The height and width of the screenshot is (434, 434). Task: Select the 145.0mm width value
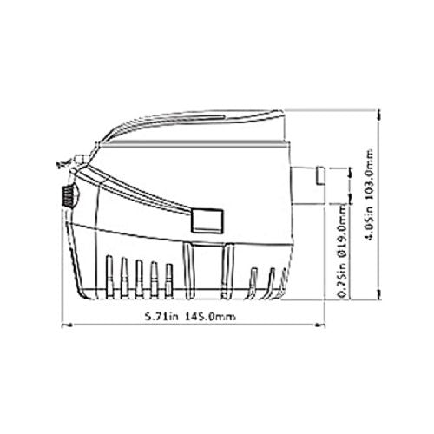(212, 316)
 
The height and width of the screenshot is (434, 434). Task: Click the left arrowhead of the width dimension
(69, 327)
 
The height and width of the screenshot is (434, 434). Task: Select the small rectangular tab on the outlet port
(319, 178)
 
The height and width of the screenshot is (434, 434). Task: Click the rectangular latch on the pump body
(207, 220)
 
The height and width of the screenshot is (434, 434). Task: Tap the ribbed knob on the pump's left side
(67, 197)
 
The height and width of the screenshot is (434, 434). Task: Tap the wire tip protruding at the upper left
(58, 162)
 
